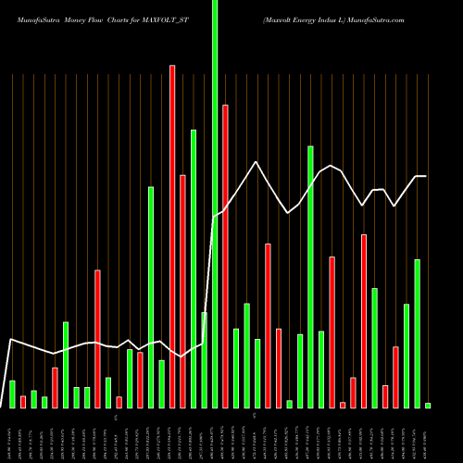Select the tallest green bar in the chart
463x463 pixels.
tap(215, 204)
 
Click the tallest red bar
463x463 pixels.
tap(172, 236)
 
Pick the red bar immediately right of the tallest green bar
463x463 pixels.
tap(225, 256)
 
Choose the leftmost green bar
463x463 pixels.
tap(12, 394)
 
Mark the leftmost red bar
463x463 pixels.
tap(23, 401)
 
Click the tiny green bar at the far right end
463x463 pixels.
tap(428, 405)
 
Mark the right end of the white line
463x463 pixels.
tap(426, 176)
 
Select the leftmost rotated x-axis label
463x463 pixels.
tap(12, 435)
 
